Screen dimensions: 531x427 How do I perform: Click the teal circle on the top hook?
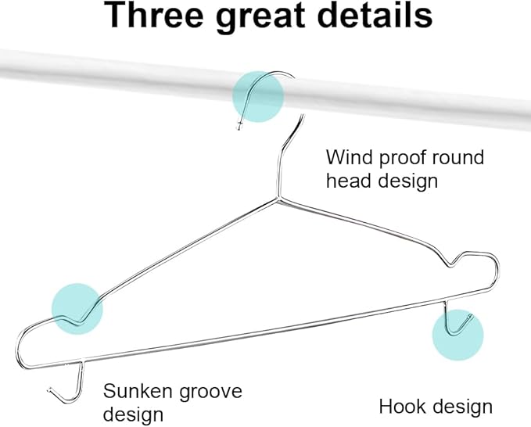258,96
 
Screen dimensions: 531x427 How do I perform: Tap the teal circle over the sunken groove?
77,309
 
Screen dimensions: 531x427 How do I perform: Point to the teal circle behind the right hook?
457,335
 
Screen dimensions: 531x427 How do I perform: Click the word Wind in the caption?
349,157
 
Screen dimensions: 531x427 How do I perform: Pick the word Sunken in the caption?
137,391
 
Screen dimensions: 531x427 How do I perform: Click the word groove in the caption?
210,393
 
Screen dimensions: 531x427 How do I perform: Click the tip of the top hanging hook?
239,127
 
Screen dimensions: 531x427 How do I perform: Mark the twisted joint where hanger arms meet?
278,197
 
